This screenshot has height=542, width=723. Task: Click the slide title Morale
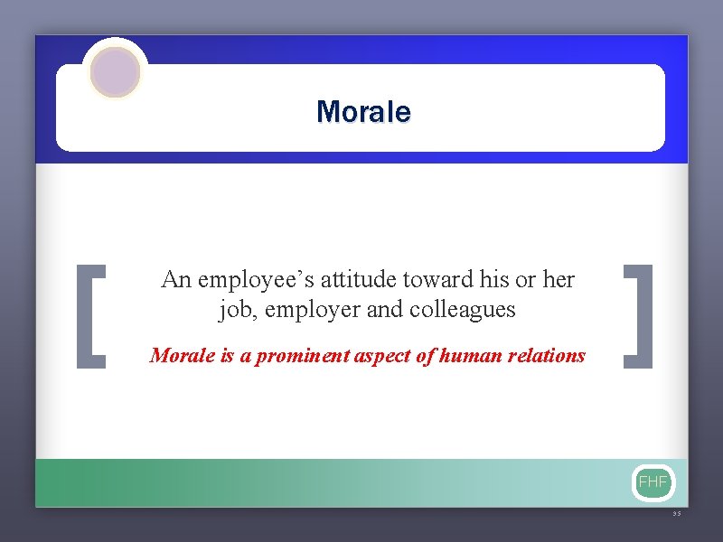click(363, 112)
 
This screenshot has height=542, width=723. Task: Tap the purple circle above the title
click(115, 71)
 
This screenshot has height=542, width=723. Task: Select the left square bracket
click(91, 316)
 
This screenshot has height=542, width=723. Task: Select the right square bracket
click(639, 316)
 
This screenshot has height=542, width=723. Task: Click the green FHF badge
click(653, 482)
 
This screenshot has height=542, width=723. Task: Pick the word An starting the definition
click(175, 280)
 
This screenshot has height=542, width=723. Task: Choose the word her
click(559, 280)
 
